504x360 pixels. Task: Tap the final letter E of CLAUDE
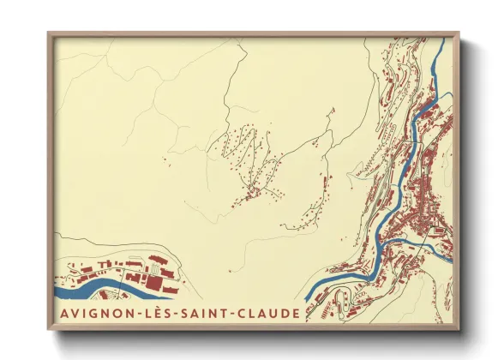tap(297, 314)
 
